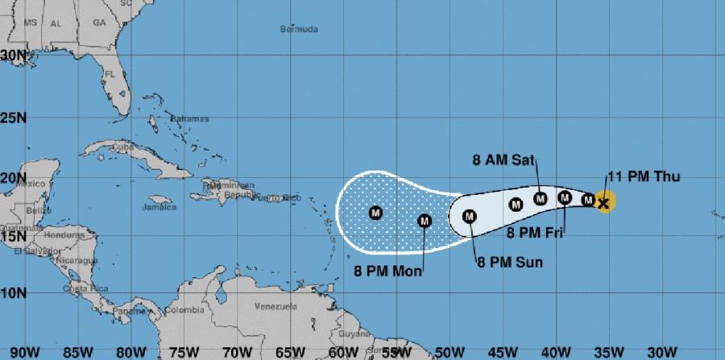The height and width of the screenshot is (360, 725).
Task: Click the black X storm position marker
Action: [603, 202]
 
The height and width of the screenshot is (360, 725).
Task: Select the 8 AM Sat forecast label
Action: [503, 159]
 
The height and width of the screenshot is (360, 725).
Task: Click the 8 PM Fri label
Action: [533, 234]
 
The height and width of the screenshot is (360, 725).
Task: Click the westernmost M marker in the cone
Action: [375, 213]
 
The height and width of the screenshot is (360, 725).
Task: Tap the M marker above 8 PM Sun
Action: [470, 216]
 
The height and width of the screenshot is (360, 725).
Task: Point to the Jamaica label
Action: [159, 207]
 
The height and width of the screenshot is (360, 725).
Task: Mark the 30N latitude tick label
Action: [13, 55]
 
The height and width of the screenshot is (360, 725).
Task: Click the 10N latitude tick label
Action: [13, 292]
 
